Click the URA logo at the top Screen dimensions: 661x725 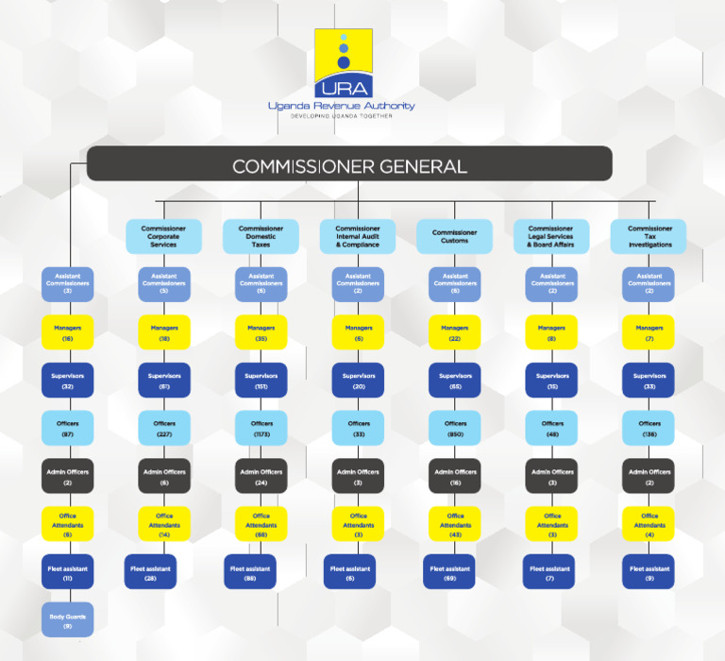pos(343,63)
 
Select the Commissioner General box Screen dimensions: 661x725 pos(349,164)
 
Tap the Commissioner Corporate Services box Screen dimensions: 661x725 pos(163,236)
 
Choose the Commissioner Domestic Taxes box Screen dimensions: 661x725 pos(261,236)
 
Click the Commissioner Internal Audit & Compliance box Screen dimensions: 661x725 pos(358,236)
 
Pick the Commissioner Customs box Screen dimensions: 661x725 pos(455,236)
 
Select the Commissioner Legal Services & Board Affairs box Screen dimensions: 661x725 pos(551,236)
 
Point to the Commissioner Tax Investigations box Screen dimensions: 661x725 pos(649,236)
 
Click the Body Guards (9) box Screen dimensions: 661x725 pos(68,619)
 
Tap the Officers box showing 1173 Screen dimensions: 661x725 pos(261,428)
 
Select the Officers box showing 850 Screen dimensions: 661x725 pos(455,428)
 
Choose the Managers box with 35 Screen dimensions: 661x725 pos(261,331)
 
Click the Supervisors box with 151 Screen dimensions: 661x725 pos(261,380)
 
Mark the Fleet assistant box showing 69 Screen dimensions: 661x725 pos(449,571)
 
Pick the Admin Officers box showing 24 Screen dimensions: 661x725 pos(261,476)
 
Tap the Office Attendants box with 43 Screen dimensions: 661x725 pos(455,524)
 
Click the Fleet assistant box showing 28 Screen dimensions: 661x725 pos(151,571)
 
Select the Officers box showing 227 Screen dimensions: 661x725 pos(163,428)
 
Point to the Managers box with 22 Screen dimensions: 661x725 pos(455,331)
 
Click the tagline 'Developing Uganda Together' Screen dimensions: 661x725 pos(340,115)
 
